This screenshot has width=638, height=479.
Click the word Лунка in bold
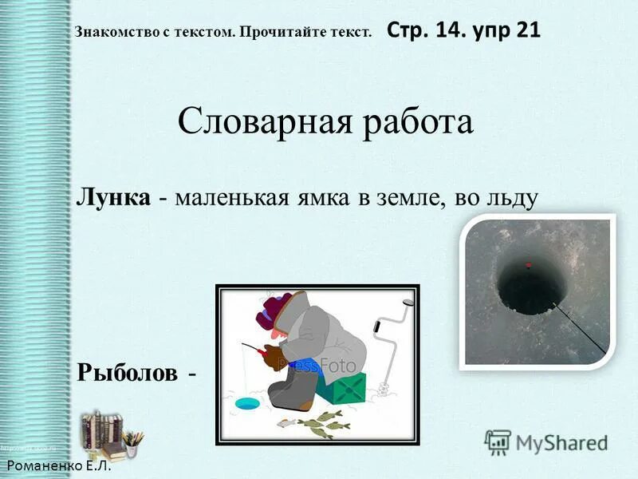112,196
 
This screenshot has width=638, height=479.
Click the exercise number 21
527,30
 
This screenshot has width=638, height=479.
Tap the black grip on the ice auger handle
408,303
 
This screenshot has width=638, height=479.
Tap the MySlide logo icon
497,442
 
